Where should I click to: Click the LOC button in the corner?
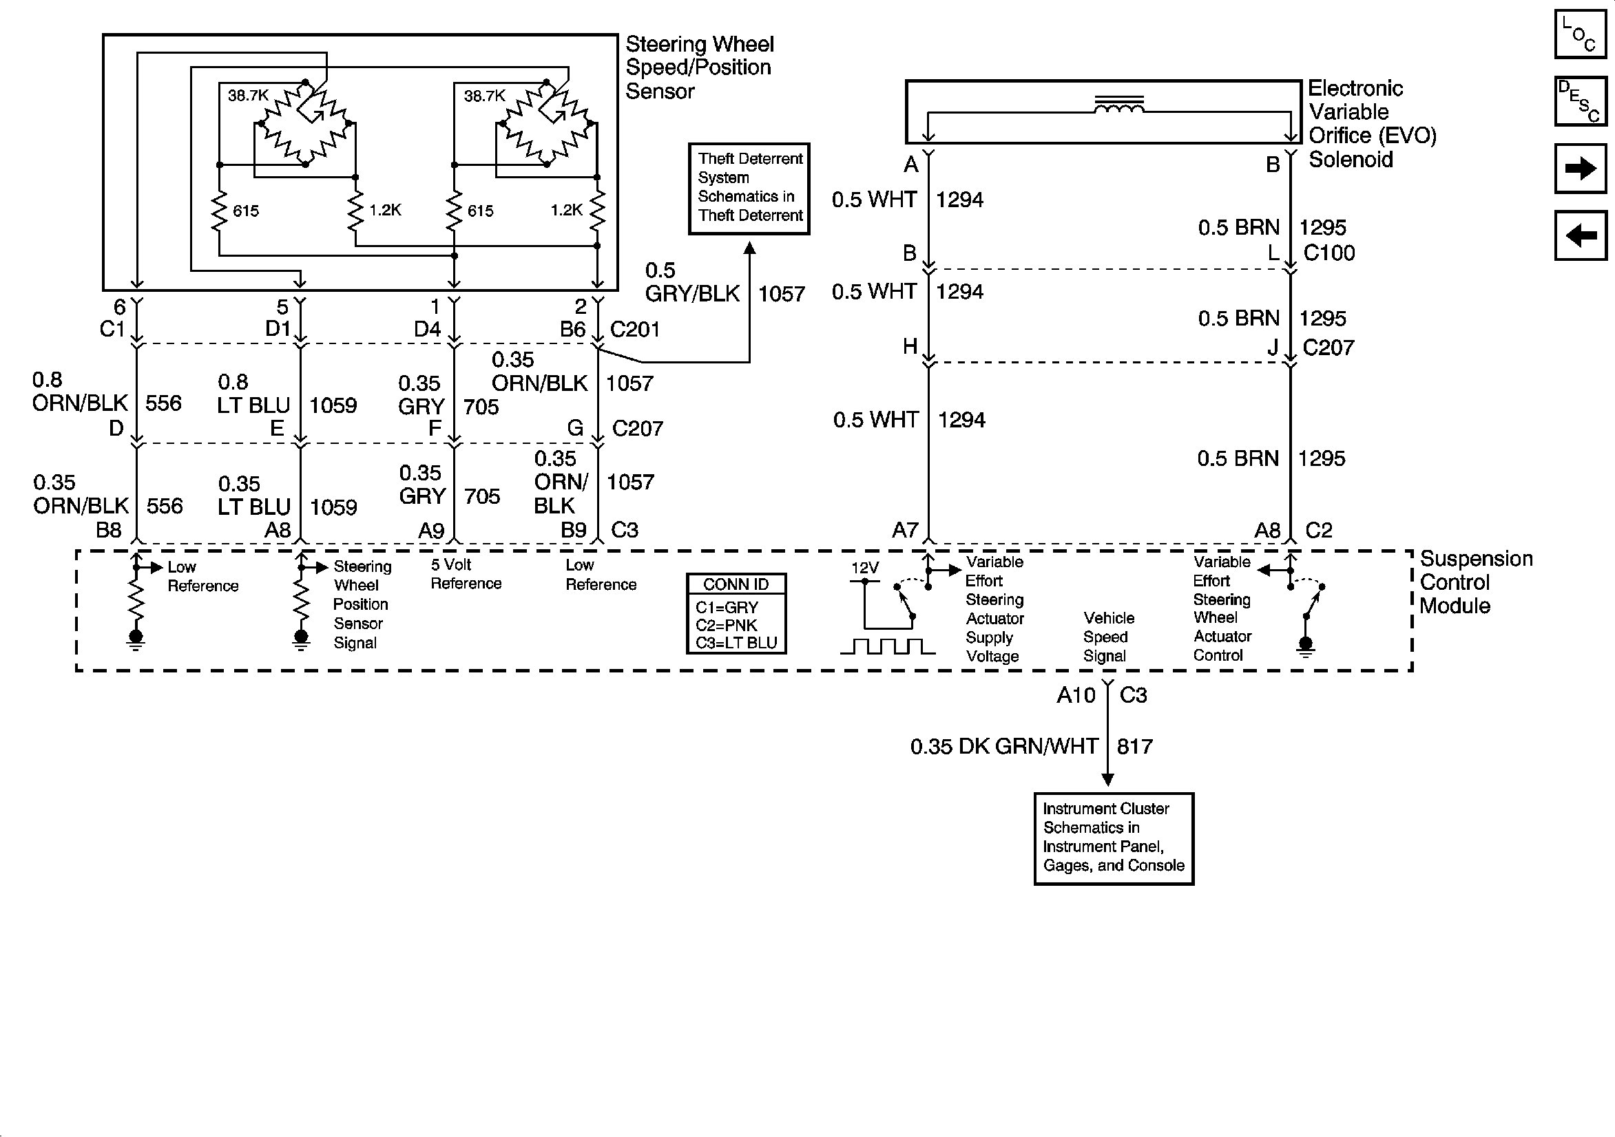click(1580, 34)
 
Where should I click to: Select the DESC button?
click(1580, 102)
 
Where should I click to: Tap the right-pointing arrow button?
click(1580, 169)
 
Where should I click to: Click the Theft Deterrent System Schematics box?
click(749, 188)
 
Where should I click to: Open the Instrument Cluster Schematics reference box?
click(1114, 838)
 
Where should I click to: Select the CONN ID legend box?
click(736, 614)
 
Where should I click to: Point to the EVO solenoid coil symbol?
click(1118, 106)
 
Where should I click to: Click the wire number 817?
click(1134, 746)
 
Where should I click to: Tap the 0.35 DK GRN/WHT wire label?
click(1003, 746)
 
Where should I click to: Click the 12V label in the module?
click(864, 568)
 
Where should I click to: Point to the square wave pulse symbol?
click(887, 646)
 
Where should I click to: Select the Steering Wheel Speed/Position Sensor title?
click(699, 67)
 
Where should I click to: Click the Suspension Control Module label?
click(1475, 582)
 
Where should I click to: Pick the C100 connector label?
click(1329, 253)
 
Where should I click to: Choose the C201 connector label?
click(634, 329)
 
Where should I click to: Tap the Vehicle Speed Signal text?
click(1108, 637)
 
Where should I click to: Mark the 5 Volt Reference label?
click(466, 574)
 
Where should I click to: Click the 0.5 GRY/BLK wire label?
click(692, 282)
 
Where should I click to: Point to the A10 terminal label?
click(1076, 695)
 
